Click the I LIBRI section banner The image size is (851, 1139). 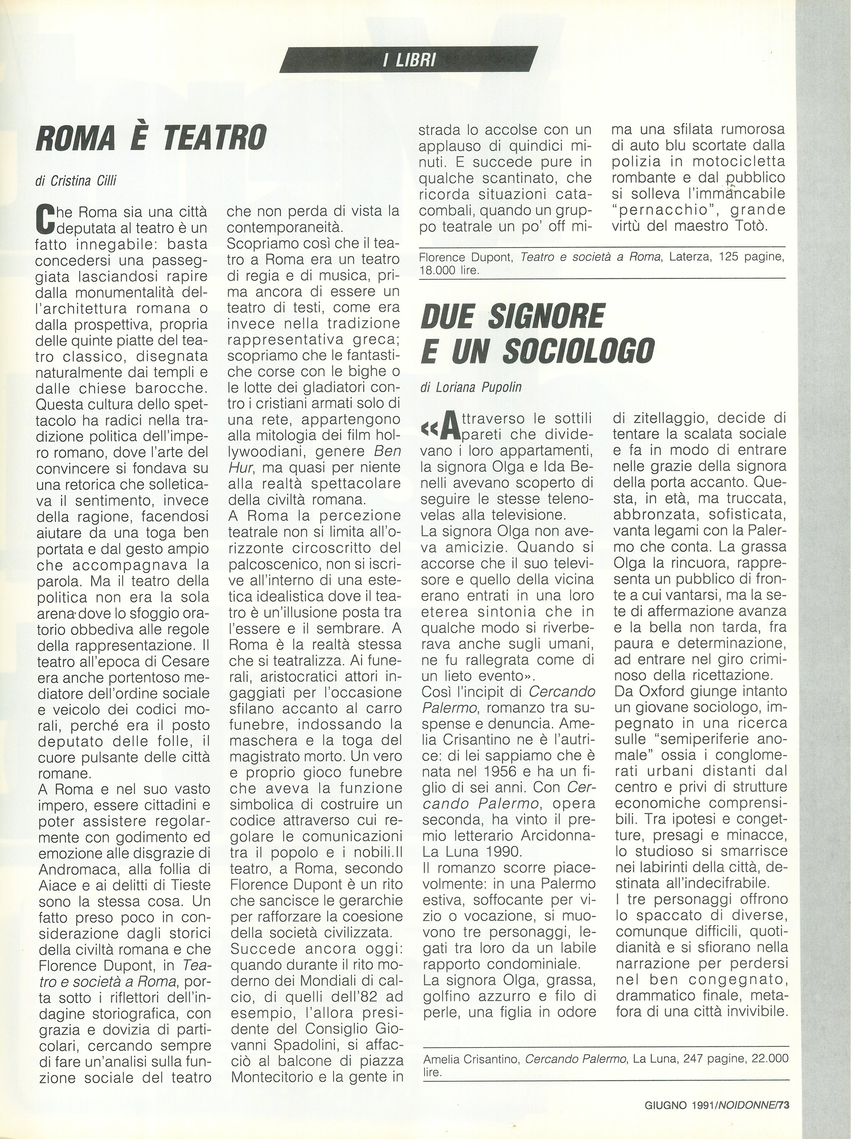pos(409,60)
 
